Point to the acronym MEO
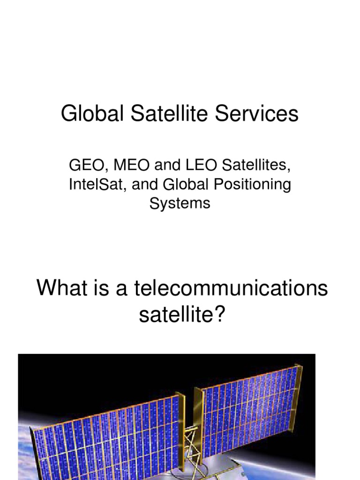point(123,165)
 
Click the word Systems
point(180,204)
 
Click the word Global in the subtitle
point(186,185)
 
